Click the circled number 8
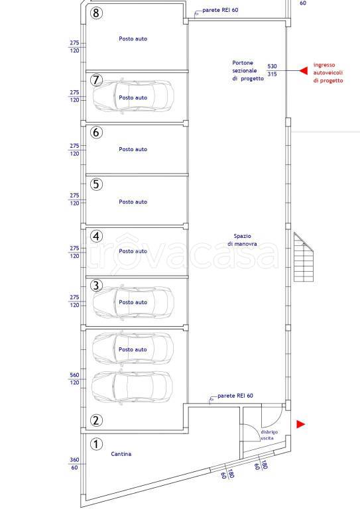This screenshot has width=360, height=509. pyautogui.click(x=96, y=13)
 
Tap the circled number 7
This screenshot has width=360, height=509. pyautogui.click(x=96, y=80)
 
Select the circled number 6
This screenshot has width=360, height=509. pyautogui.click(x=96, y=132)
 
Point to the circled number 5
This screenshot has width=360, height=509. pyautogui.click(x=96, y=184)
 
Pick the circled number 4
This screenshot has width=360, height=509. pyautogui.click(x=96, y=236)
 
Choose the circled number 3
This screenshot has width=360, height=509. pyautogui.click(x=96, y=286)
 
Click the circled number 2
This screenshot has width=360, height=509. pyautogui.click(x=96, y=420)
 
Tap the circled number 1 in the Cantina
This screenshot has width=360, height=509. pyautogui.click(x=96, y=444)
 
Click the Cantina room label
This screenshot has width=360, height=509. pyautogui.click(x=121, y=454)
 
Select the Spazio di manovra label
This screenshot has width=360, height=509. pyautogui.click(x=242, y=240)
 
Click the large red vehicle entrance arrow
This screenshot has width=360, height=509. pyautogui.click(x=303, y=70)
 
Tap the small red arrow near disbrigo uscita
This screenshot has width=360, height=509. pyautogui.click(x=301, y=424)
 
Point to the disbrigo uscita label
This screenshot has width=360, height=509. pyautogui.click(x=269, y=435)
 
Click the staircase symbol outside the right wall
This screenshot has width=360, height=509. pyautogui.click(x=303, y=256)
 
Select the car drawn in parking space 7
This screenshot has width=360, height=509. pyautogui.click(x=133, y=95)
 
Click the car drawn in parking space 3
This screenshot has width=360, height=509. pyautogui.click(x=133, y=302)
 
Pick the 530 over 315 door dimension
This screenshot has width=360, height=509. pyautogui.click(x=272, y=70)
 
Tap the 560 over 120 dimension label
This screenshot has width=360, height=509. pyautogui.click(x=74, y=378)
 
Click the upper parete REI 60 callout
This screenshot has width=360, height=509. pyautogui.click(x=220, y=10)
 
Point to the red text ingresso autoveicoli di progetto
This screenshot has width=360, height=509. pyautogui.click(x=328, y=73)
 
